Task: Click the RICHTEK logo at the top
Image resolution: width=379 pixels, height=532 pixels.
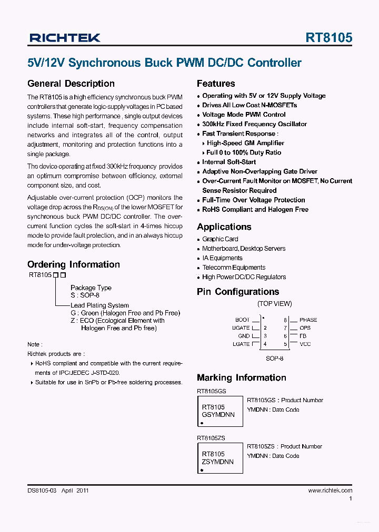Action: tap(64, 38)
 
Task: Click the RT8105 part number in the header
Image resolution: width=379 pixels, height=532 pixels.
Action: tap(328, 38)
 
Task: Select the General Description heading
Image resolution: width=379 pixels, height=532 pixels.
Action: tap(71, 84)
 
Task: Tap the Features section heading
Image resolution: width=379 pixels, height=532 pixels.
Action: tap(216, 84)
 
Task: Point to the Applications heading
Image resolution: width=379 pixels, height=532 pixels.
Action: tap(224, 227)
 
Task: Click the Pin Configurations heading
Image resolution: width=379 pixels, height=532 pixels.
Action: tap(238, 292)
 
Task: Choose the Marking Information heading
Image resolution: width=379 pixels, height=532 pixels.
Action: tap(242, 377)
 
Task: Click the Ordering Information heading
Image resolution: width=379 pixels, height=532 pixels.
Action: tap(73, 264)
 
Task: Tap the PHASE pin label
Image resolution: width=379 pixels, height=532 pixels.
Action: tap(308, 320)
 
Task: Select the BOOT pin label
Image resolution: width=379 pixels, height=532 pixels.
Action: tap(242, 320)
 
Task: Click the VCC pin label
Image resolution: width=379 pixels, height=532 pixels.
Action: tap(305, 344)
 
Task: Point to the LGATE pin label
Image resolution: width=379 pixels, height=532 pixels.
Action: tap(241, 344)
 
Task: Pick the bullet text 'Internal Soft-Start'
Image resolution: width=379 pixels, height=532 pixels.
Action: tap(229, 162)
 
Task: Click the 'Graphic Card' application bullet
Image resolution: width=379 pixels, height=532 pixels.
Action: tap(220, 239)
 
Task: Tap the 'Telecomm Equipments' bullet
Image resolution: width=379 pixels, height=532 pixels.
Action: tap(234, 268)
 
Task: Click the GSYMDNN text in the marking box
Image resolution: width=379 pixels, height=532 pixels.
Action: tap(218, 415)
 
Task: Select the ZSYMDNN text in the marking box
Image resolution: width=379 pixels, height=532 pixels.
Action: tap(218, 462)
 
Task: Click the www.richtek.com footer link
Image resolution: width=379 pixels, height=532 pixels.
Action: tap(330, 490)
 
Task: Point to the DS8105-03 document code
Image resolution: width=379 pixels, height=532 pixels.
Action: tap(42, 490)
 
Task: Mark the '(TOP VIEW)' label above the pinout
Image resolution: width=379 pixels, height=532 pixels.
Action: tap(274, 304)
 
